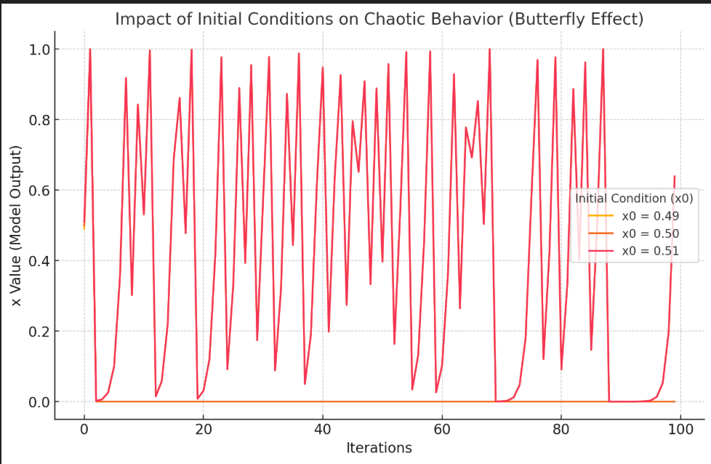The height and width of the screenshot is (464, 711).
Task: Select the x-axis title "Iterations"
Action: pos(379,448)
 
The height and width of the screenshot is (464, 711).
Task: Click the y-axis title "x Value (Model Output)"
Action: pos(16,225)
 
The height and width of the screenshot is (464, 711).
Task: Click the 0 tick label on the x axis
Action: pos(84,429)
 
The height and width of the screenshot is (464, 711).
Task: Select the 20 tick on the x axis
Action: pos(204,429)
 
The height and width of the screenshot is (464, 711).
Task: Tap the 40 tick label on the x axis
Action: pos(323,429)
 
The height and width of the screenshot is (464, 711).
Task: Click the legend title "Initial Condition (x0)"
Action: pos(634,198)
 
